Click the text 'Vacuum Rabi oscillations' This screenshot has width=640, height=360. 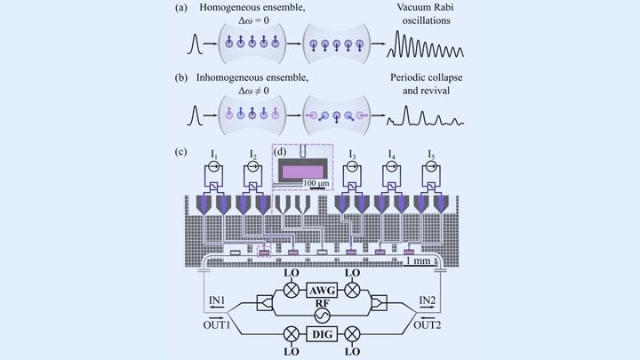pyautogui.click(x=420, y=18)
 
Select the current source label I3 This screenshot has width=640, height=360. pyautogui.click(x=354, y=158)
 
